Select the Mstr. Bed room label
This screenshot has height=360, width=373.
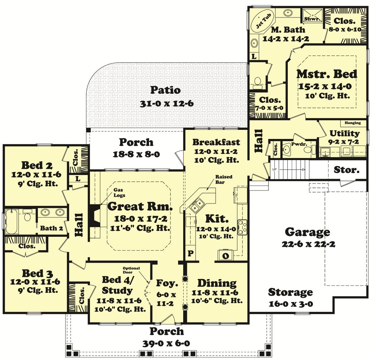tap(327, 74)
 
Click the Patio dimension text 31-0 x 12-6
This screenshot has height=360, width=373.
tap(166, 104)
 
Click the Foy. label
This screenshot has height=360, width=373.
tap(167, 283)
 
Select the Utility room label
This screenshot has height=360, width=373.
tap(344, 133)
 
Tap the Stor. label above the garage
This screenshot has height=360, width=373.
tap(347, 170)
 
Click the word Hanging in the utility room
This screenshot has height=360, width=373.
tap(353, 123)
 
